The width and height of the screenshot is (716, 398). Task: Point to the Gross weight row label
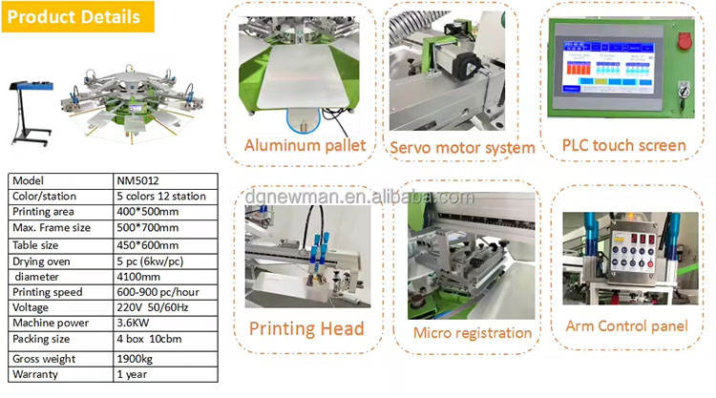tap(42, 359)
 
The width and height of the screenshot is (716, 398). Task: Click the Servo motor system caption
tap(462, 148)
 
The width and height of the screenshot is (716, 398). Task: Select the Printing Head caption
tap(306, 328)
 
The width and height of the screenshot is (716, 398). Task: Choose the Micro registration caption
tap(473, 332)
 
